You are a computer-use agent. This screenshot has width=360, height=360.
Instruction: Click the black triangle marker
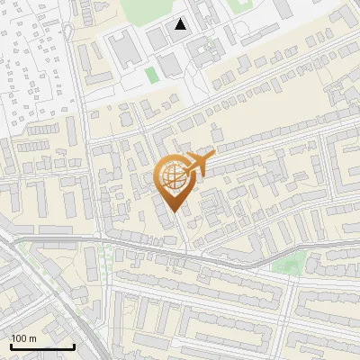pos(182,24)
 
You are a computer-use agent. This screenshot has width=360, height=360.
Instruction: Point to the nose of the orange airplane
pos(212,157)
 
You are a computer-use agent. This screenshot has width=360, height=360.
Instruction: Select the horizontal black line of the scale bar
pos(42,346)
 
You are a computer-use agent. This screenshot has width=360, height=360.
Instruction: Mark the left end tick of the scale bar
pos(11,345)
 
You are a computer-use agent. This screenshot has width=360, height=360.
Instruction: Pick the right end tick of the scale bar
pos(74,345)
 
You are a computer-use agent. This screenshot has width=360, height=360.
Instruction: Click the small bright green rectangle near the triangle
pos(151,72)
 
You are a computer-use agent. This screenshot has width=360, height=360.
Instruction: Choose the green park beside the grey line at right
pos(289,264)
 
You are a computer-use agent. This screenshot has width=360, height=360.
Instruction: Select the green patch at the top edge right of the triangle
pos(239,4)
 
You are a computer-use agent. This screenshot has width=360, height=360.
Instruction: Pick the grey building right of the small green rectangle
pos(167,65)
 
